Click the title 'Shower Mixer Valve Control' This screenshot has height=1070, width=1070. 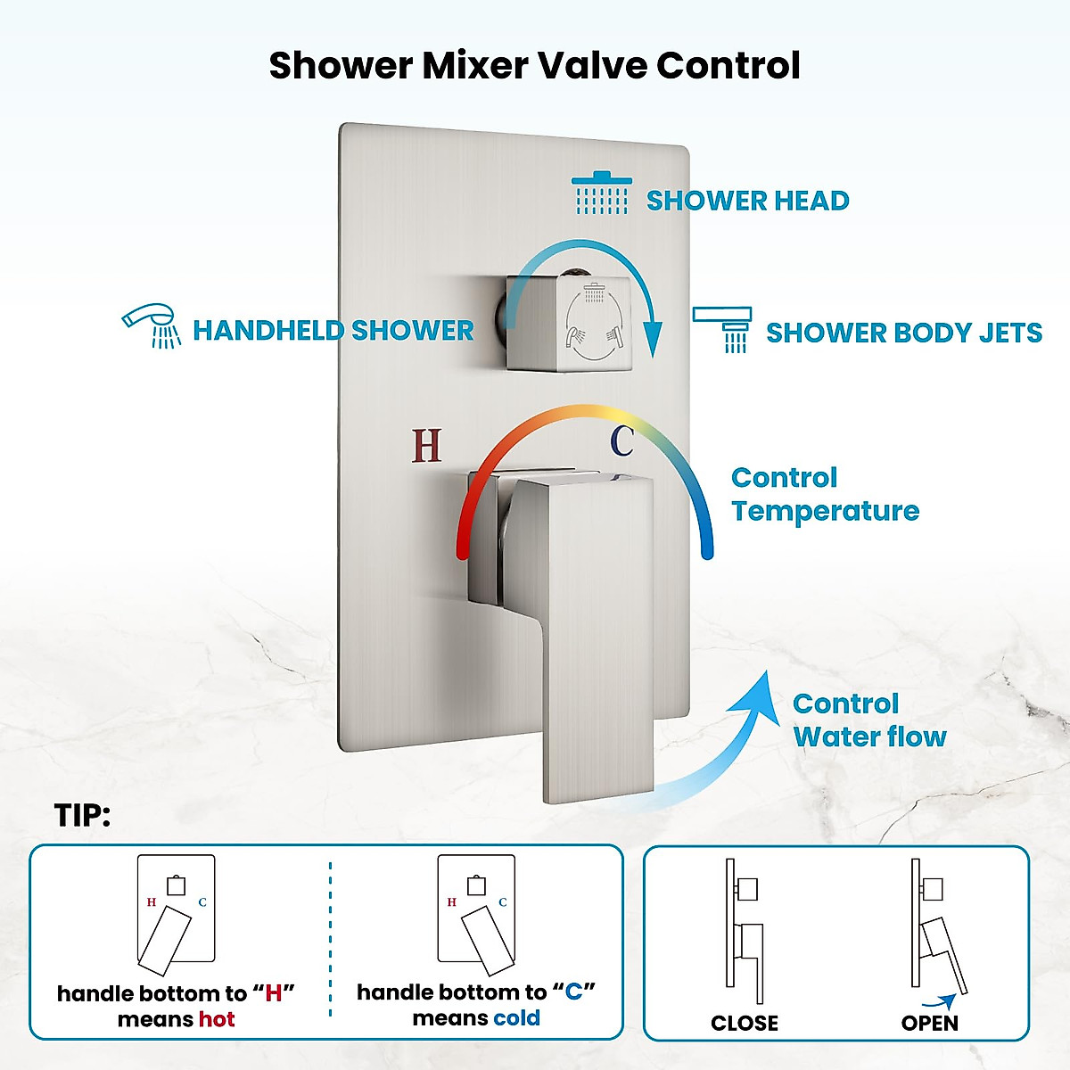pyautogui.click(x=534, y=66)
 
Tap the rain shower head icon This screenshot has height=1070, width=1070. pyautogui.click(x=602, y=193)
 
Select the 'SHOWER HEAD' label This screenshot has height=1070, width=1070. pyautogui.click(x=747, y=201)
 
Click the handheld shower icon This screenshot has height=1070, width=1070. pyautogui.click(x=152, y=326)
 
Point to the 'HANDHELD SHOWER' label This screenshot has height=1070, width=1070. pyautogui.click(x=333, y=331)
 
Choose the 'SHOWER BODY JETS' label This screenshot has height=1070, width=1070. pyautogui.click(x=903, y=333)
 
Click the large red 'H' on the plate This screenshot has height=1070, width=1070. pyautogui.click(x=426, y=445)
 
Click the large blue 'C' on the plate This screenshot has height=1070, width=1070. pyautogui.click(x=621, y=440)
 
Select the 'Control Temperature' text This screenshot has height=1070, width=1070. pyautogui.click(x=824, y=494)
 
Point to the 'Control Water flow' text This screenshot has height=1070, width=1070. pyautogui.click(x=868, y=720)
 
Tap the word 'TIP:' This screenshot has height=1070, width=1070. pyautogui.click(x=82, y=815)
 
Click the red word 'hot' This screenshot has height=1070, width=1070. pyautogui.click(x=217, y=1019)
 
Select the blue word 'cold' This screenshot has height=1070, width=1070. pyautogui.click(x=516, y=1018)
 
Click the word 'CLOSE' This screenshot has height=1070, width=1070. pyautogui.click(x=744, y=1023)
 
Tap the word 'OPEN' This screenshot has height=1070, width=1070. pyautogui.click(x=929, y=1023)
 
